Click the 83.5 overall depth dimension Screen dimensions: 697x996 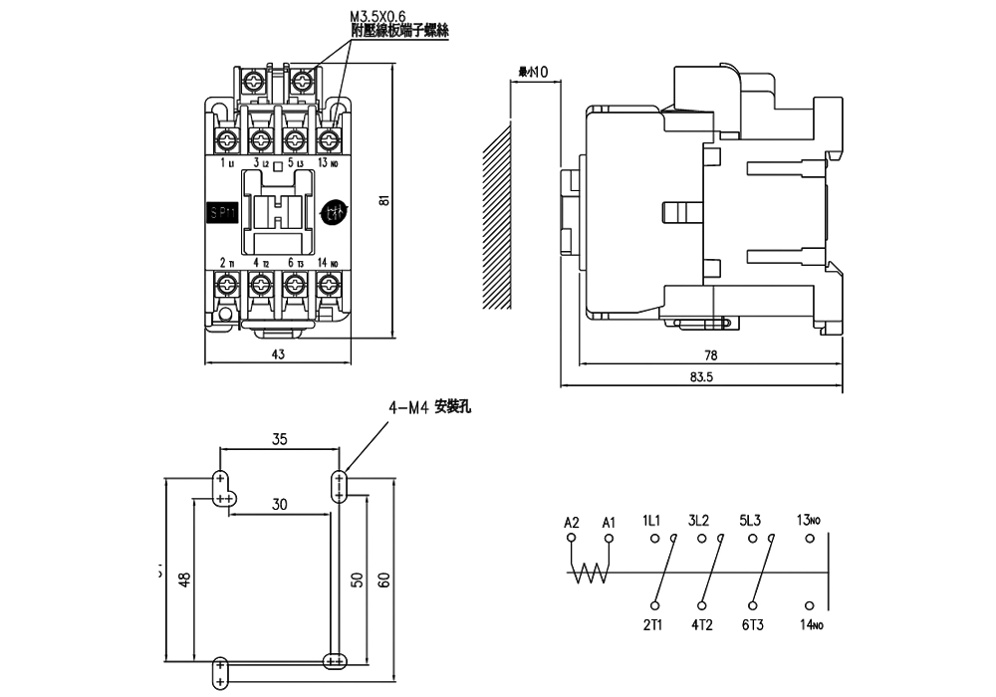701,377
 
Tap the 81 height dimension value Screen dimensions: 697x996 382,199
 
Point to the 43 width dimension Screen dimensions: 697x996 278,354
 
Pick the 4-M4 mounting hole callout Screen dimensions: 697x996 428,408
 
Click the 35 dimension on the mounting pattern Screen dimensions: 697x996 279,438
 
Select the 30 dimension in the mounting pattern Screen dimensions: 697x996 279,504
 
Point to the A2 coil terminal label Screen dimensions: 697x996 571,521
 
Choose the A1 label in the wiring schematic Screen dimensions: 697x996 610,521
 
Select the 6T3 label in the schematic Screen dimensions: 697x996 752,625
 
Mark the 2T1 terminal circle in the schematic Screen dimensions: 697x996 654,605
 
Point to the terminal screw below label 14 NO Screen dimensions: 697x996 325,286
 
